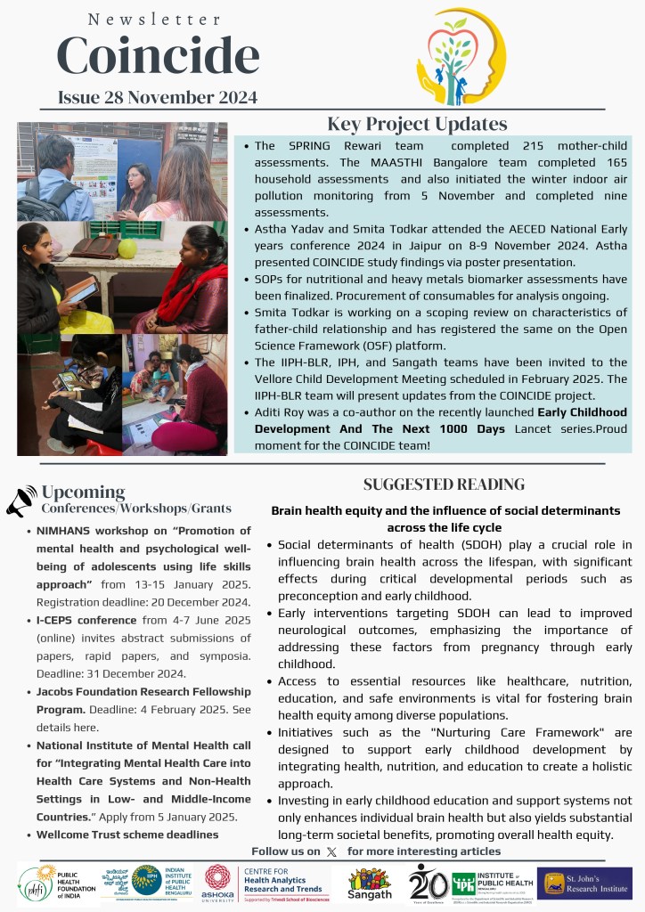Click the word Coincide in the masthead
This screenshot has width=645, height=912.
tap(158, 56)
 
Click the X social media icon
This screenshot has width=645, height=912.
tap(331, 851)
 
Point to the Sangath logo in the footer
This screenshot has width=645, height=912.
tap(370, 883)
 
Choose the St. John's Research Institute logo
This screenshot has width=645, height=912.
tap(584, 883)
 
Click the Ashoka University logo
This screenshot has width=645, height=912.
tap(218, 883)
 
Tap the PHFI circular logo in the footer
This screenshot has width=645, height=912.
tap(37, 883)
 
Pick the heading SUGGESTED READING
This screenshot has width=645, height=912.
tap(444, 484)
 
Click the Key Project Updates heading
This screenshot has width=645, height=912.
tap(417, 124)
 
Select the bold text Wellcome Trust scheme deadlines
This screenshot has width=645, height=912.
tap(127, 835)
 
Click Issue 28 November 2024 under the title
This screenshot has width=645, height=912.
tap(158, 97)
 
